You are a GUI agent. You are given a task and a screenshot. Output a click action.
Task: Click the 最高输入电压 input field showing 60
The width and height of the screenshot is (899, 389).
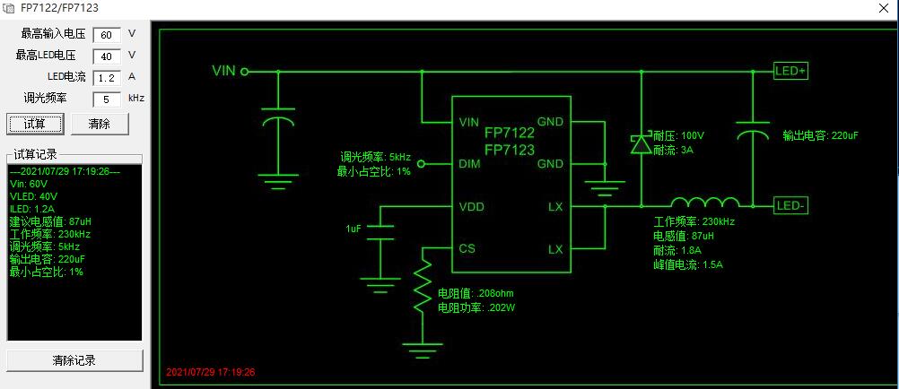(x=107, y=35)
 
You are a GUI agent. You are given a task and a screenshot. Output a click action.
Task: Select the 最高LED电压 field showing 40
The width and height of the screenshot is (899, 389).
(x=107, y=56)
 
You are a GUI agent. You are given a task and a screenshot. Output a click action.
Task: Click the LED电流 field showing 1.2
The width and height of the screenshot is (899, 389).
(x=107, y=78)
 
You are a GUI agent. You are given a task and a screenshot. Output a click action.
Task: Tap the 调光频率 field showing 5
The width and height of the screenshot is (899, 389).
(x=107, y=99)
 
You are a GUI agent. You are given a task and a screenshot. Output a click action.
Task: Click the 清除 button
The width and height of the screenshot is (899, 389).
(x=100, y=124)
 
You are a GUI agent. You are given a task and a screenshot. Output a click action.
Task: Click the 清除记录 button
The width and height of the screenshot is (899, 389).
(x=74, y=360)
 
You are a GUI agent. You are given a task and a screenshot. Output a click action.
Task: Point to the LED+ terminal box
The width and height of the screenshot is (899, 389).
(x=790, y=71)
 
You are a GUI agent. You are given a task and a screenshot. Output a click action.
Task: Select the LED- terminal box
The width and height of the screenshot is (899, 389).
(x=790, y=206)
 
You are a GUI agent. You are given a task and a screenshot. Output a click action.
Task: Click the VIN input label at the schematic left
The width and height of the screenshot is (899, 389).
(x=223, y=71)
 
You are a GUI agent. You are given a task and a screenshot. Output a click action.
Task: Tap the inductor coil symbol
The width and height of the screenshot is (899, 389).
(x=705, y=203)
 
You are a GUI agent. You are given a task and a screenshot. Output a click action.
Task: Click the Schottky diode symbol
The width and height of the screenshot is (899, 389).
(x=641, y=143)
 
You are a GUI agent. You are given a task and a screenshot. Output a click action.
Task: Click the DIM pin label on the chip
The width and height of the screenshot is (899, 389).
(x=468, y=164)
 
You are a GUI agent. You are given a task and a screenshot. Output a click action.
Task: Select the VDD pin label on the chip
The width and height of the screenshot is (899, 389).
(x=472, y=206)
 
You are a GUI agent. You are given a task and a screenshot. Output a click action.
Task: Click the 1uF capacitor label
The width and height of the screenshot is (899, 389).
(x=353, y=229)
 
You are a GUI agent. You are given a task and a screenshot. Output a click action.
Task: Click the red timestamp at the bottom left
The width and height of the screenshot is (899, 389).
(x=211, y=371)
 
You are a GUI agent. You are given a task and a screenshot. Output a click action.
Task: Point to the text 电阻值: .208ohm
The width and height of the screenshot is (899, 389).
(x=475, y=293)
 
